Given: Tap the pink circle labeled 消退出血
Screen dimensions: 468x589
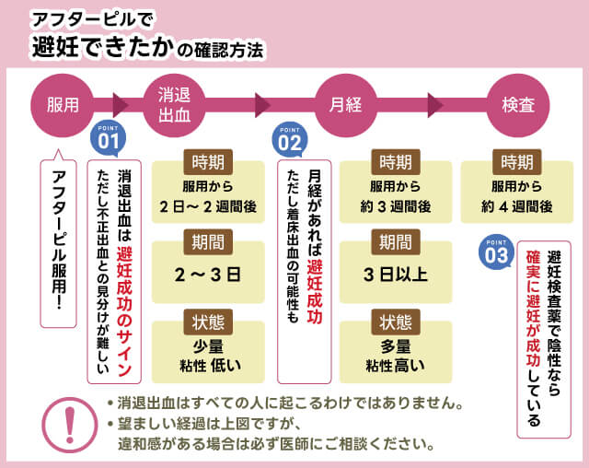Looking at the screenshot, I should [174, 105].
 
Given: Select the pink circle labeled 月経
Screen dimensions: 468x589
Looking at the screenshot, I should [345, 105].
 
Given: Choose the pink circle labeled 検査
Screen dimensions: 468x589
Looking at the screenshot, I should [517, 105].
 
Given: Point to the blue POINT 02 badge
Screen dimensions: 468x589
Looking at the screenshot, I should [289, 139].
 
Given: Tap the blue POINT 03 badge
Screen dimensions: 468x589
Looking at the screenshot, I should [496, 252].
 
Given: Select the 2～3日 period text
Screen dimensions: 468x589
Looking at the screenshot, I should [207, 274].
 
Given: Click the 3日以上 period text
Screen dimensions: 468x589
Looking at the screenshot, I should [395, 274].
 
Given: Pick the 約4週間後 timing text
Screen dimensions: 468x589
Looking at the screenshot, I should [516, 207].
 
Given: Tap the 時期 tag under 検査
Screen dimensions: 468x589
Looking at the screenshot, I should [515, 162].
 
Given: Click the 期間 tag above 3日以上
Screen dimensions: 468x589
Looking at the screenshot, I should [395, 241].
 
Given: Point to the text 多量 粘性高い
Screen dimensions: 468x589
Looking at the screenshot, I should [395, 355].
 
